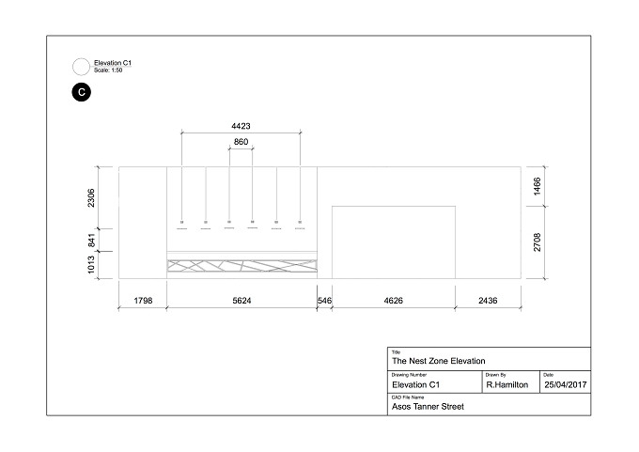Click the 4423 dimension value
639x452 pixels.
[241, 126]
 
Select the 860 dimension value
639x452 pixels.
[241, 142]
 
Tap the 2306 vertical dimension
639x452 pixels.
[91, 197]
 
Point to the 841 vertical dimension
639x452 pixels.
[92, 240]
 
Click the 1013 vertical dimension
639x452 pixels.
[91, 265]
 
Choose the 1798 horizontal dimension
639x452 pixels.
[143, 301]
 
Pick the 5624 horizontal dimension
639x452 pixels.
[242, 301]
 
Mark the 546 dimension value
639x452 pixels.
[324, 301]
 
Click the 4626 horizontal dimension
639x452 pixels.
[393, 301]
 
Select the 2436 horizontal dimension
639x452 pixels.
[488, 301]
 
